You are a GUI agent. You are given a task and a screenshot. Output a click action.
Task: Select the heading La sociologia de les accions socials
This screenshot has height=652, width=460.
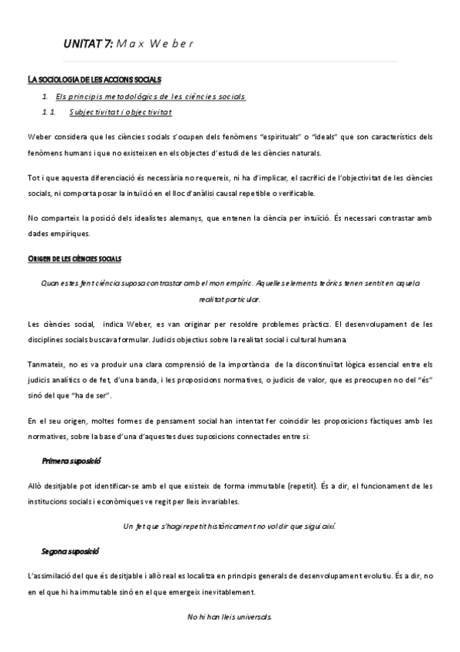pyautogui.click(x=94, y=80)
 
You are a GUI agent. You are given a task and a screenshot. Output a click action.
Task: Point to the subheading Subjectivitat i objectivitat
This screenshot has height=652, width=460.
pyautogui.click(x=120, y=112)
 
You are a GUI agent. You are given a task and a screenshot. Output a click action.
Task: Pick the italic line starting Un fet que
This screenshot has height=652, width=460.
pyautogui.click(x=229, y=527)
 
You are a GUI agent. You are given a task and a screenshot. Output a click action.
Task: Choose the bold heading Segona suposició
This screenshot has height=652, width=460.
pyautogui.click(x=70, y=551)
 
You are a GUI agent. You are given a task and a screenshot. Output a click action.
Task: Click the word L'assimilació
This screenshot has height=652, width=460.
pyautogui.click(x=52, y=576)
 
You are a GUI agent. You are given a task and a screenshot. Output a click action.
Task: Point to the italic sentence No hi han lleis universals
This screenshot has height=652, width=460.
pyautogui.click(x=229, y=617)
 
